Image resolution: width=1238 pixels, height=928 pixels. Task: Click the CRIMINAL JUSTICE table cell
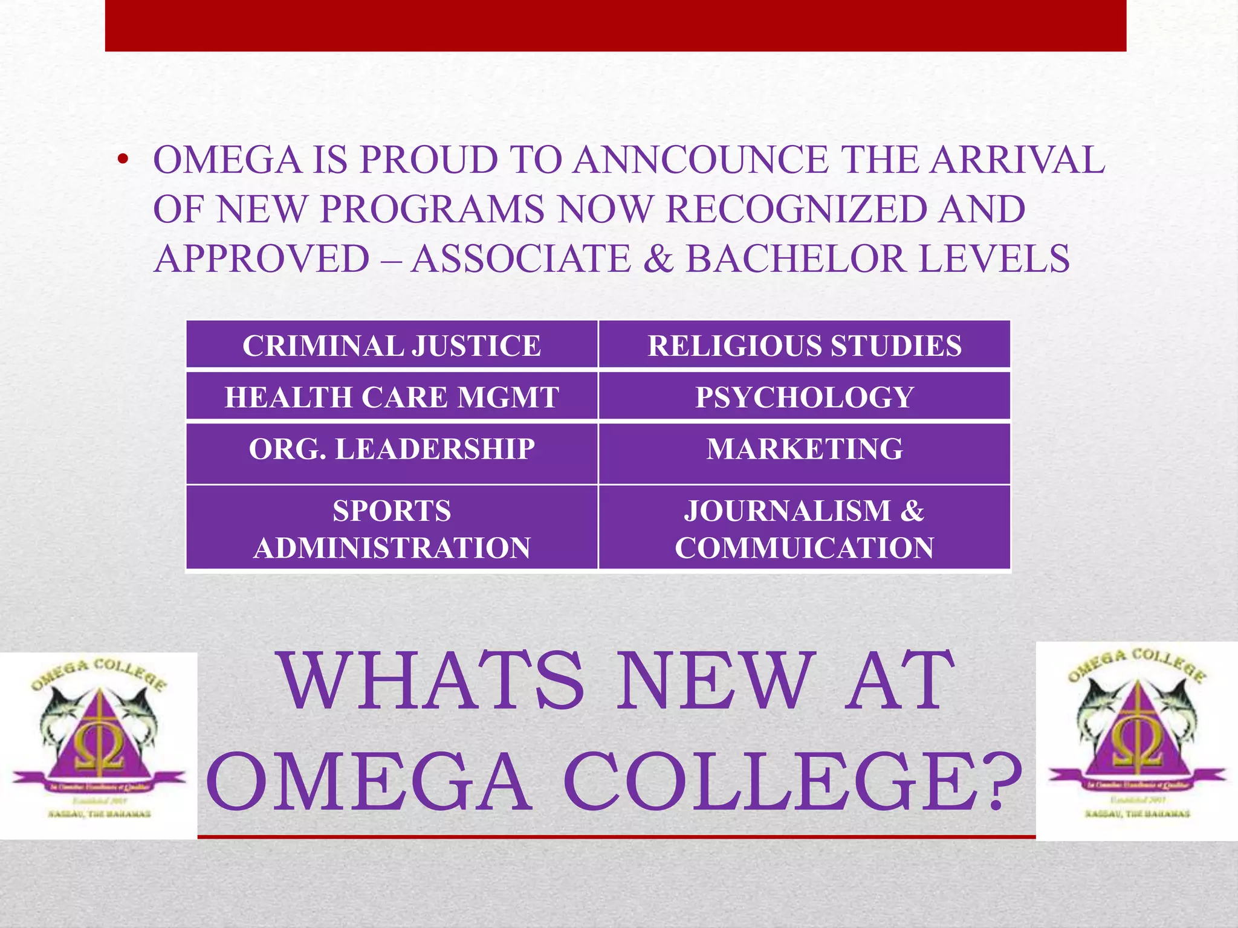click(392, 345)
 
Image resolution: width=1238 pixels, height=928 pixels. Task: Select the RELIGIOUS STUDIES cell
click(804, 345)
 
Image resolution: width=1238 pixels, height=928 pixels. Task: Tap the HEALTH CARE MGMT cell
click(392, 396)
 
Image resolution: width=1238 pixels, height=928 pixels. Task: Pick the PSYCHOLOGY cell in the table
click(804, 396)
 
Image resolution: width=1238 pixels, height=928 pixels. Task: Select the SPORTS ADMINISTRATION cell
click(392, 529)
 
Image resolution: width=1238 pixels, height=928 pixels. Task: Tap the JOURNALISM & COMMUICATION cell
click(804, 529)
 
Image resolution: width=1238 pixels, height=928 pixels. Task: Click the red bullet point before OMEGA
click(123, 160)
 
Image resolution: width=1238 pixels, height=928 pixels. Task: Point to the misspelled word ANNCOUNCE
click(701, 160)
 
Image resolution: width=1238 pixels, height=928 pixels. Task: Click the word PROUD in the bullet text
click(429, 160)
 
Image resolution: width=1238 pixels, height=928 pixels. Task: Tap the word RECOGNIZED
click(796, 209)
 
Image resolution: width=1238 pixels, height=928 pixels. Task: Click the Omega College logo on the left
click(99, 746)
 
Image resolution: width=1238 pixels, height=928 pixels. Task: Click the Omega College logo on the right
click(1137, 741)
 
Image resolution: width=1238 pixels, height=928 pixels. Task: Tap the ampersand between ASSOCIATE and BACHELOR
click(658, 259)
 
